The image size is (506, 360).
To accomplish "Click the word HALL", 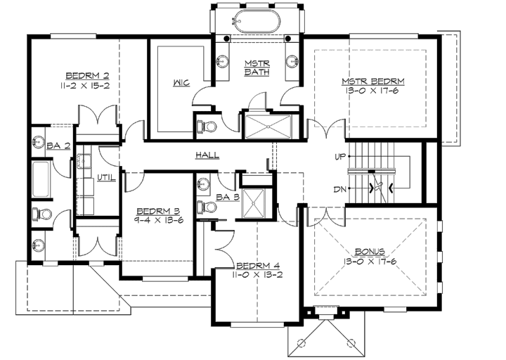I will (x=207, y=155).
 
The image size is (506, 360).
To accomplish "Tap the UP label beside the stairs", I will (x=341, y=156).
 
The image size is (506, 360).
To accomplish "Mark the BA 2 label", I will (x=57, y=146).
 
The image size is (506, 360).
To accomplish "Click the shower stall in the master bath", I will (x=269, y=129).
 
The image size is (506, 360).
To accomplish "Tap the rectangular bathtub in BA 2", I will (x=41, y=179).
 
